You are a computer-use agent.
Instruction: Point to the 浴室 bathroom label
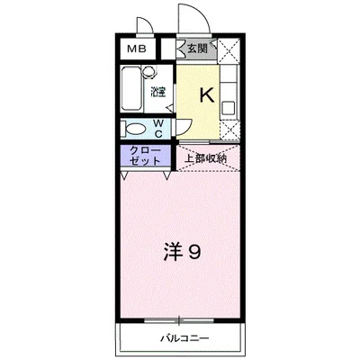click(157, 92)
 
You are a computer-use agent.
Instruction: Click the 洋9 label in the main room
click(180, 253)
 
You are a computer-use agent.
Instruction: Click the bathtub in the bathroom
click(131, 88)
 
